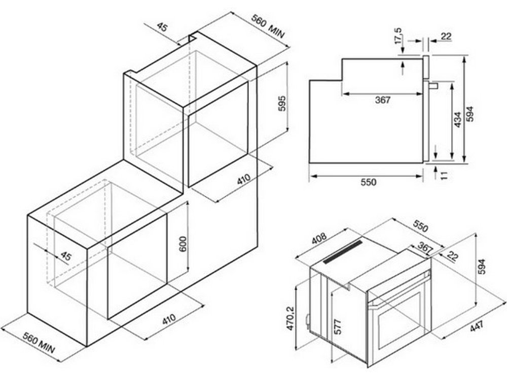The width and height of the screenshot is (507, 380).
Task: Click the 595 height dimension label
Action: (x=282, y=103)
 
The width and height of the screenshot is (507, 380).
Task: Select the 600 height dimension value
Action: (x=183, y=244)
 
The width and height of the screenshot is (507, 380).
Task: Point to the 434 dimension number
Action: (x=457, y=120)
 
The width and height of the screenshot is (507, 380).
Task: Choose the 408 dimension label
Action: (x=319, y=239)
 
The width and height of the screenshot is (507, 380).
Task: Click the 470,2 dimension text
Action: (x=290, y=318)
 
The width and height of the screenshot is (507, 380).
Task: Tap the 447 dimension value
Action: (x=477, y=325)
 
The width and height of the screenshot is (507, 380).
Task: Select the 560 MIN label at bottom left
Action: (x=39, y=343)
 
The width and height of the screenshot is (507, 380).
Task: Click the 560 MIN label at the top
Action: (x=268, y=27)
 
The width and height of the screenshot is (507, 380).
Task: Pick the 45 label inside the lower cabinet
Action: (x=65, y=256)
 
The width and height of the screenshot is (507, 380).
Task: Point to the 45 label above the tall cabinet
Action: (x=163, y=27)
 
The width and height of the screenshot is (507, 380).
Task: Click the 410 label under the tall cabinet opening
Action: (x=243, y=179)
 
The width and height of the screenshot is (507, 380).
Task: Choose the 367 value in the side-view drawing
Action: (x=383, y=100)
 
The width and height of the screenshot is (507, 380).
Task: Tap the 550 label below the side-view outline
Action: (x=369, y=182)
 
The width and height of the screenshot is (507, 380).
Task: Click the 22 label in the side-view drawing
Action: (x=446, y=36)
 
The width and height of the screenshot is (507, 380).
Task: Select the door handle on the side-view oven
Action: (x=433, y=86)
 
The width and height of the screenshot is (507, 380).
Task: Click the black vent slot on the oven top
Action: (x=343, y=252)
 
